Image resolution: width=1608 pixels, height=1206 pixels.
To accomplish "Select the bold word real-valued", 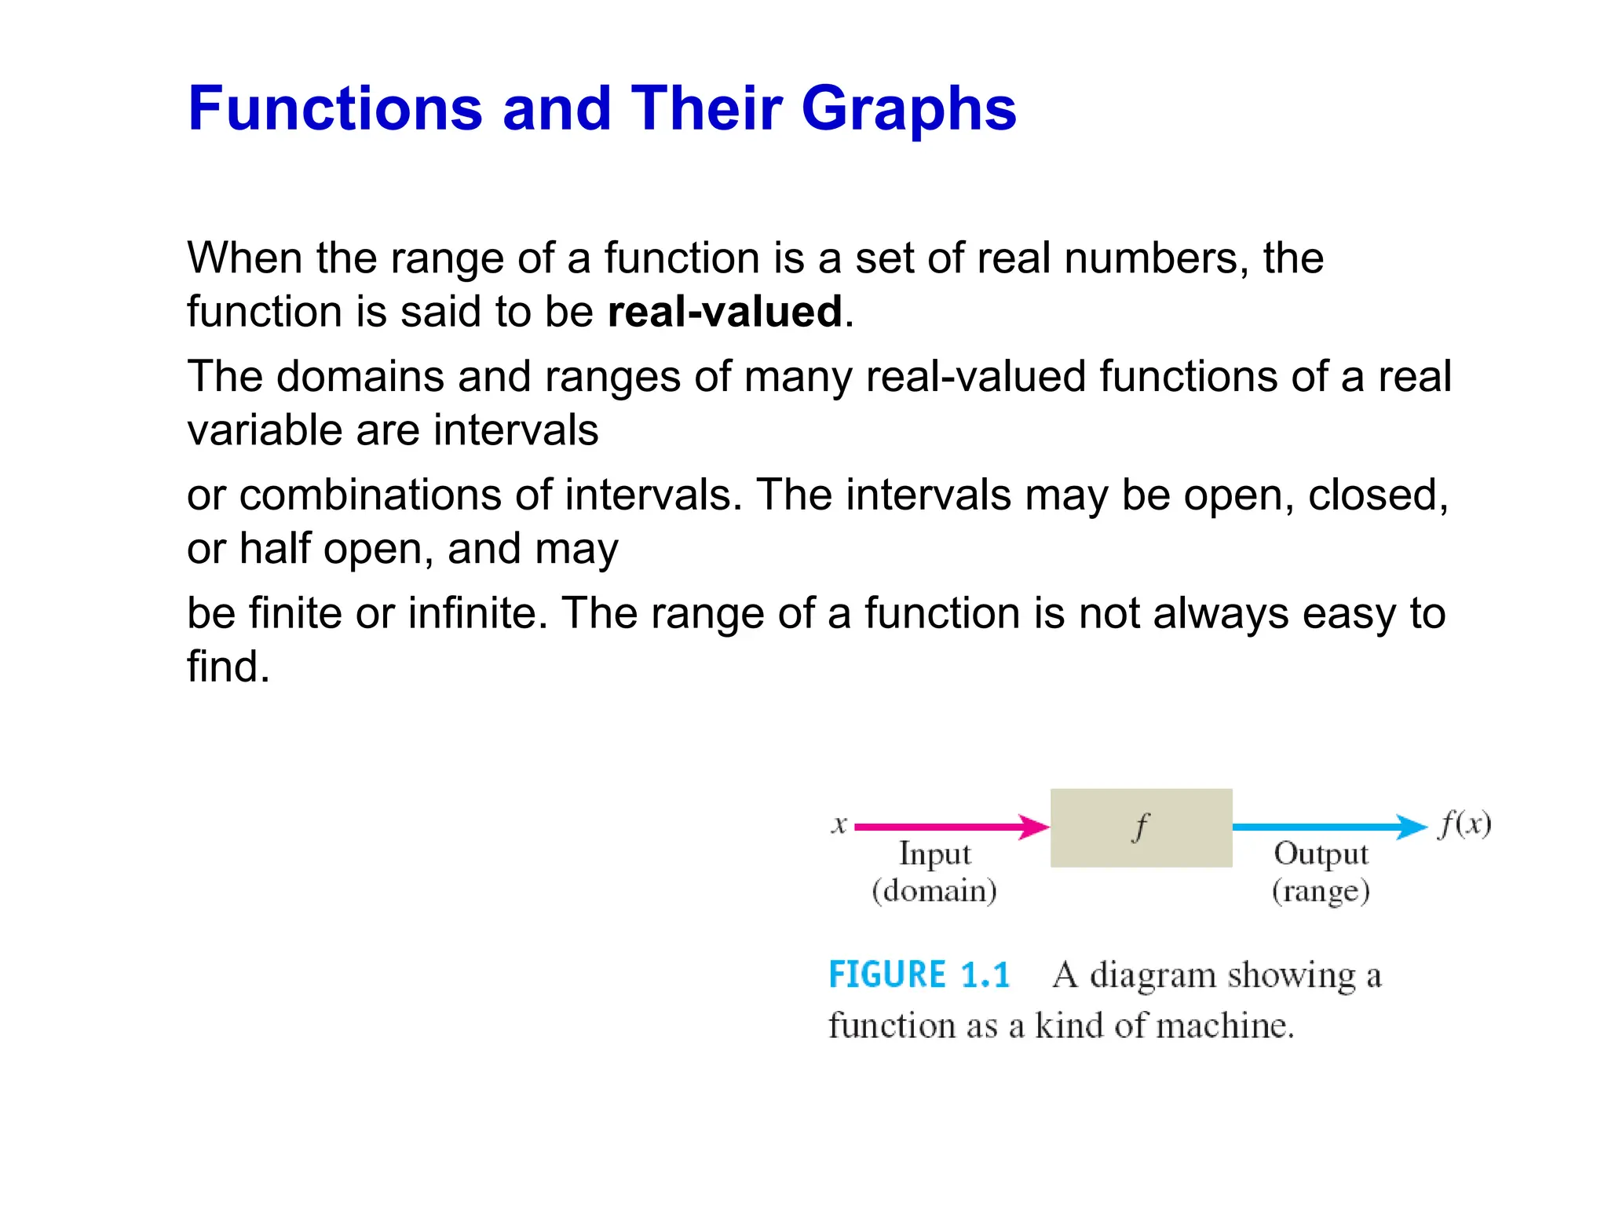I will pos(725,312).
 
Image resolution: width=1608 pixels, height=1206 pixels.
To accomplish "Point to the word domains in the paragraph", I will pos(360,377).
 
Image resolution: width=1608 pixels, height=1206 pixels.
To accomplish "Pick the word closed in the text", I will pos(1377,495).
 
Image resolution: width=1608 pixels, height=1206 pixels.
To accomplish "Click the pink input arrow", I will pos(951,827).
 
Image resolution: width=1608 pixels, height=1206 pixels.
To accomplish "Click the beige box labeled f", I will pos(1141,828).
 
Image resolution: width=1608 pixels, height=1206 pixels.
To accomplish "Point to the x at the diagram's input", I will pos(839,824).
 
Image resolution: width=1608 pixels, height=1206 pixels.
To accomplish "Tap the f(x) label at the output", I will pos(1464,824).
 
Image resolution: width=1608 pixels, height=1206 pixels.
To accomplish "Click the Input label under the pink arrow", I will pos(934,853).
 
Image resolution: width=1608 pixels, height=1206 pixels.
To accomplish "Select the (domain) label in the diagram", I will pos(934,891).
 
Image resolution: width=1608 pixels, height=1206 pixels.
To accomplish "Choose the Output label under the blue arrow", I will pos(1321,853).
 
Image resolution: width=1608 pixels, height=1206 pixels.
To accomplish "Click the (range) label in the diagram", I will pos(1321,892).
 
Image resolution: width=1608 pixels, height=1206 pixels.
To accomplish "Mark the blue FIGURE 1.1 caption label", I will pos(919,975).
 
